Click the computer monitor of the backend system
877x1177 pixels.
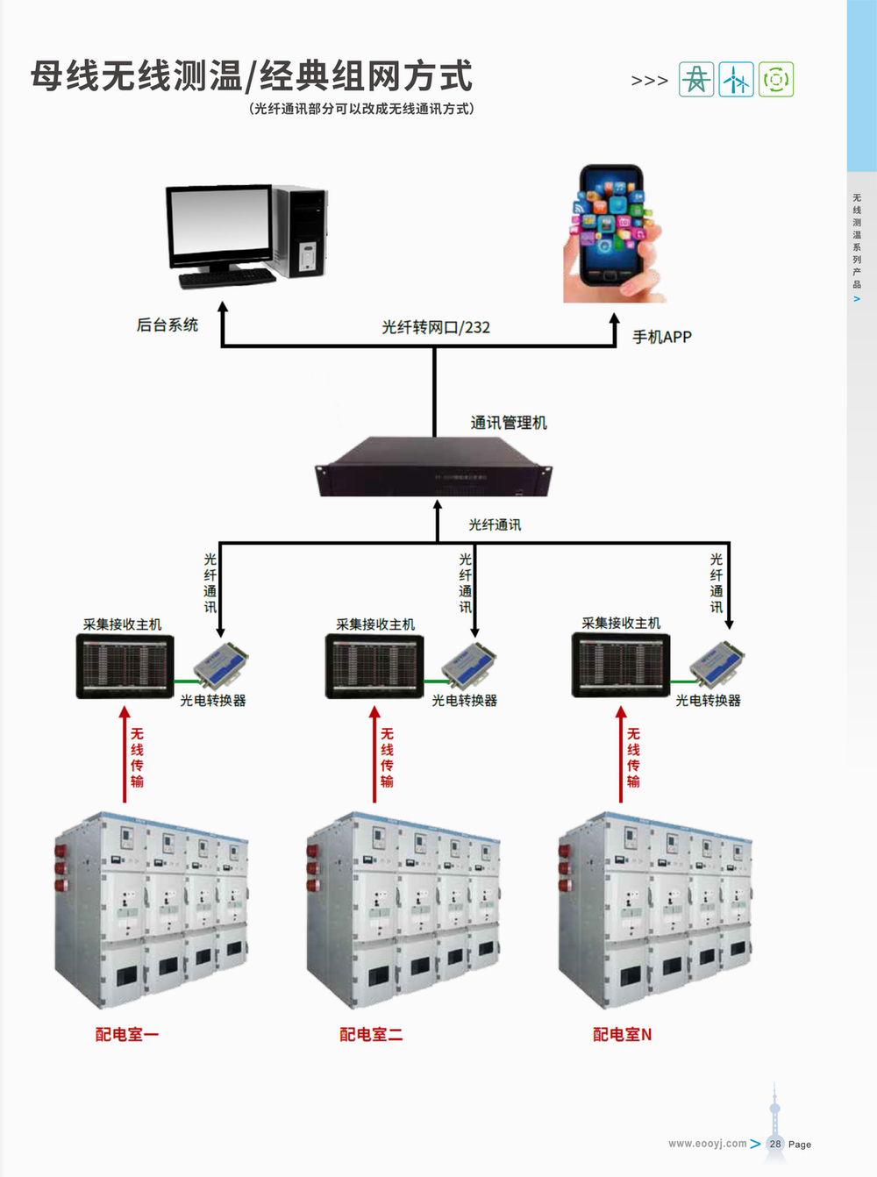tap(220, 224)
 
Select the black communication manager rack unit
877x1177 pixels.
tap(433, 468)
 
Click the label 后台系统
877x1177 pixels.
tap(168, 325)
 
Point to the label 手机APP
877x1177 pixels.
tap(662, 337)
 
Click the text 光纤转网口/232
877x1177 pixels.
tap(436, 327)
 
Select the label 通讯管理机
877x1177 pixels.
tap(509, 423)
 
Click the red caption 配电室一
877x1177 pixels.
tap(127, 1035)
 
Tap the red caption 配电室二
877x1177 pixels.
tap(371, 1035)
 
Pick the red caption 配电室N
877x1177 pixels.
tap(622, 1035)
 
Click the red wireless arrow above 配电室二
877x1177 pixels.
tap(374, 754)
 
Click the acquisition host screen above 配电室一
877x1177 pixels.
tap(125, 667)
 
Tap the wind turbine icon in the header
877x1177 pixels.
tap(736, 80)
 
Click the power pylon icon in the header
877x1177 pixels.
tap(696, 80)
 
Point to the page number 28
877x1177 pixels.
tap(775, 1144)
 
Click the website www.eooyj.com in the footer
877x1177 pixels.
tap(707, 1144)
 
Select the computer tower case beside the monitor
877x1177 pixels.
tap(301, 231)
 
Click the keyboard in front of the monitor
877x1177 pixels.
tap(227, 278)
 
